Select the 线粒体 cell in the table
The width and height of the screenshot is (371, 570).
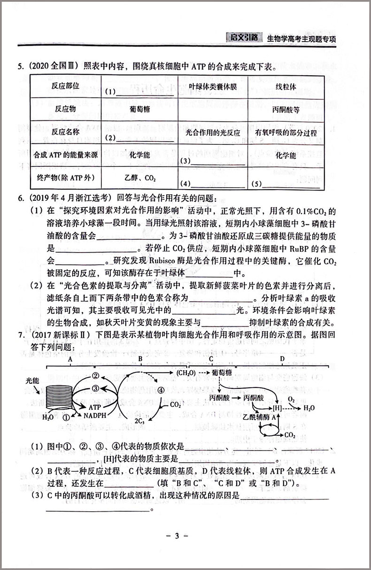click(285, 88)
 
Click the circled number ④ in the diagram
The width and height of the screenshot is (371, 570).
click(161, 390)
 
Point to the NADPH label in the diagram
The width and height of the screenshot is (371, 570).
click(94, 416)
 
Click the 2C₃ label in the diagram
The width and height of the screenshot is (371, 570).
click(139, 421)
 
